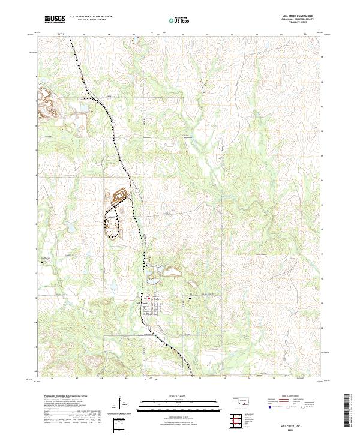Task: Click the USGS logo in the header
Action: tap(55, 19)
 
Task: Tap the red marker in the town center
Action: tap(149, 298)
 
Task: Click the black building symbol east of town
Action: tap(190, 296)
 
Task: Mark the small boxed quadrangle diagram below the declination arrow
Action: tap(121, 424)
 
